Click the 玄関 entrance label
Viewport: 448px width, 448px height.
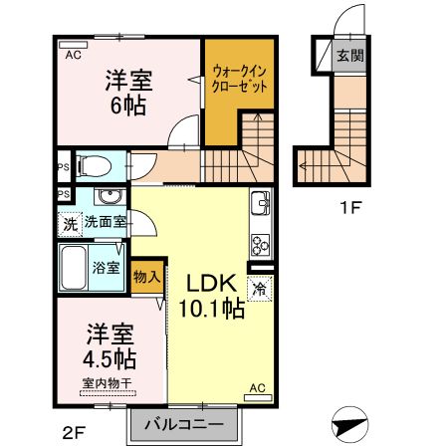pos(347,55)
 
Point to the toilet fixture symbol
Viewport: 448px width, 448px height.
pos(95,163)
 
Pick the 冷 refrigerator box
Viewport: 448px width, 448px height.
pos(258,291)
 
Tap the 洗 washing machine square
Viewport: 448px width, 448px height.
pos(69,222)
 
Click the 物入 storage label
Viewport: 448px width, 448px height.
pos(146,276)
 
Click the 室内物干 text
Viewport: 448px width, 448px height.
pos(107,383)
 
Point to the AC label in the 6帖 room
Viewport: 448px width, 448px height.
pos(73,56)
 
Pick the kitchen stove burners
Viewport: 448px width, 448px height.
pos(260,243)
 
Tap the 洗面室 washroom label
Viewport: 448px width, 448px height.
pos(104,222)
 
